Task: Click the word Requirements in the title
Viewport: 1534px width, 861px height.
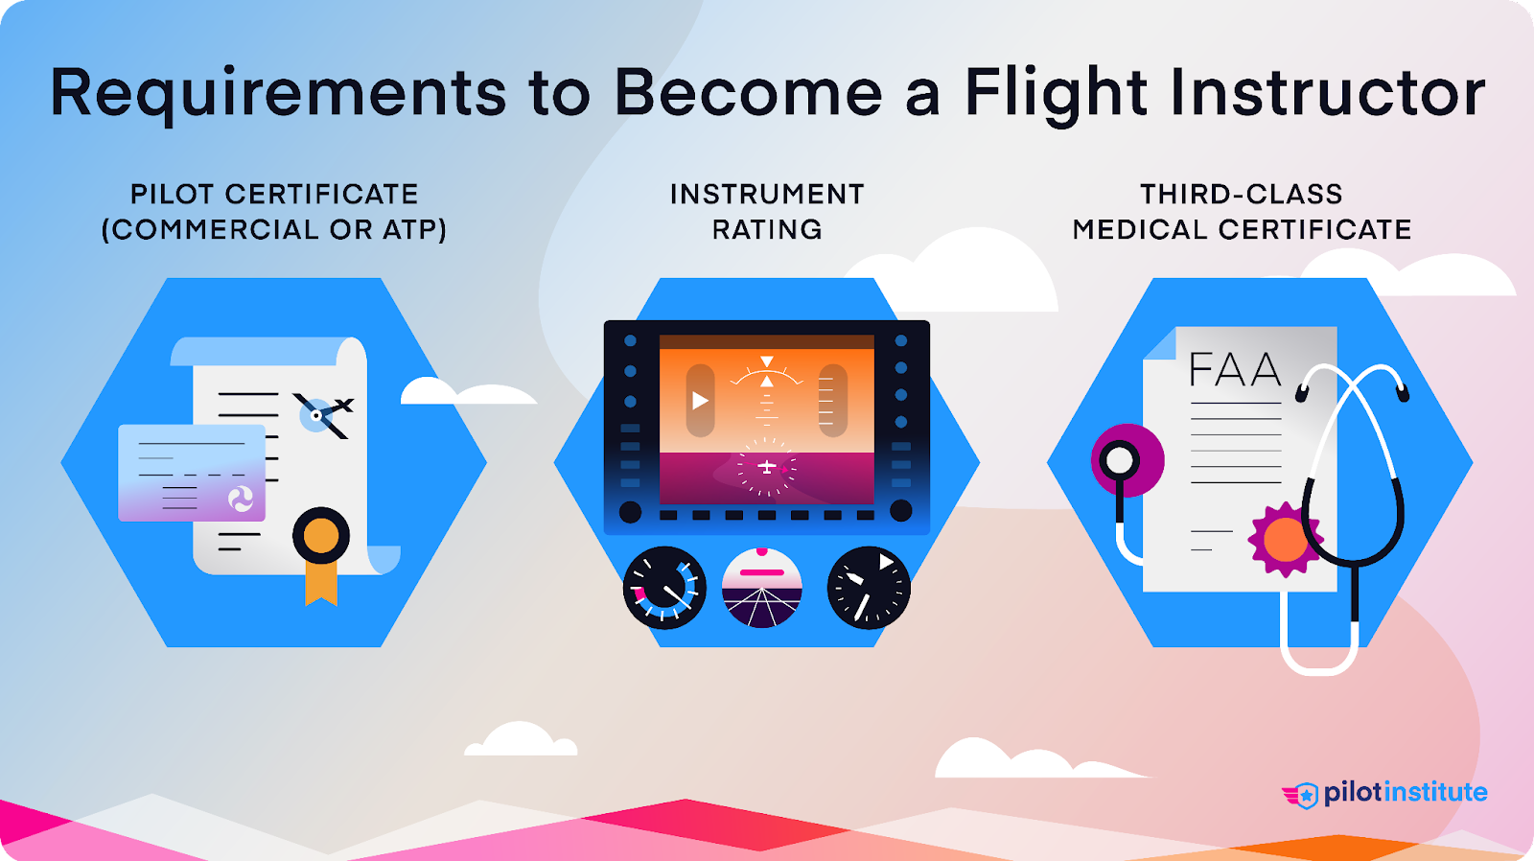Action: click(x=278, y=94)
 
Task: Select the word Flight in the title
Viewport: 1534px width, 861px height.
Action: click(x=1056, y=94)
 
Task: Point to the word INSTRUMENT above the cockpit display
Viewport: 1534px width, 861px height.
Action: click(x=767, y=195)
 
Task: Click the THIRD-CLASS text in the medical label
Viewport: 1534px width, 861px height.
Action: click(x=1241, y=195)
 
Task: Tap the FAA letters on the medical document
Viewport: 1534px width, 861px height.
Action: click(x=1235, y=370)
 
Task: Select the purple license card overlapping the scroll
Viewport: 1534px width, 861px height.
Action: click(x=192, y=473)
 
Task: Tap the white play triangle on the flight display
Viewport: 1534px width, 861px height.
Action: click(x=701, y=400)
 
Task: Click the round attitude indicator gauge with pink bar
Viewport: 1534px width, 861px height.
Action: click(x=761, y=588)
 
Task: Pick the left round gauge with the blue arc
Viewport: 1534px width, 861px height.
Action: click(x=664, y=588)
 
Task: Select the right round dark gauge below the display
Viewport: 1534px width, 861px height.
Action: click(x=869, y=588)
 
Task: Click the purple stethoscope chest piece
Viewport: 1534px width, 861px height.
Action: click(x=1127, y=461)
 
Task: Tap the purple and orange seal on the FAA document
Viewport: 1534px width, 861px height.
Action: click(x=1285, y=540)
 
